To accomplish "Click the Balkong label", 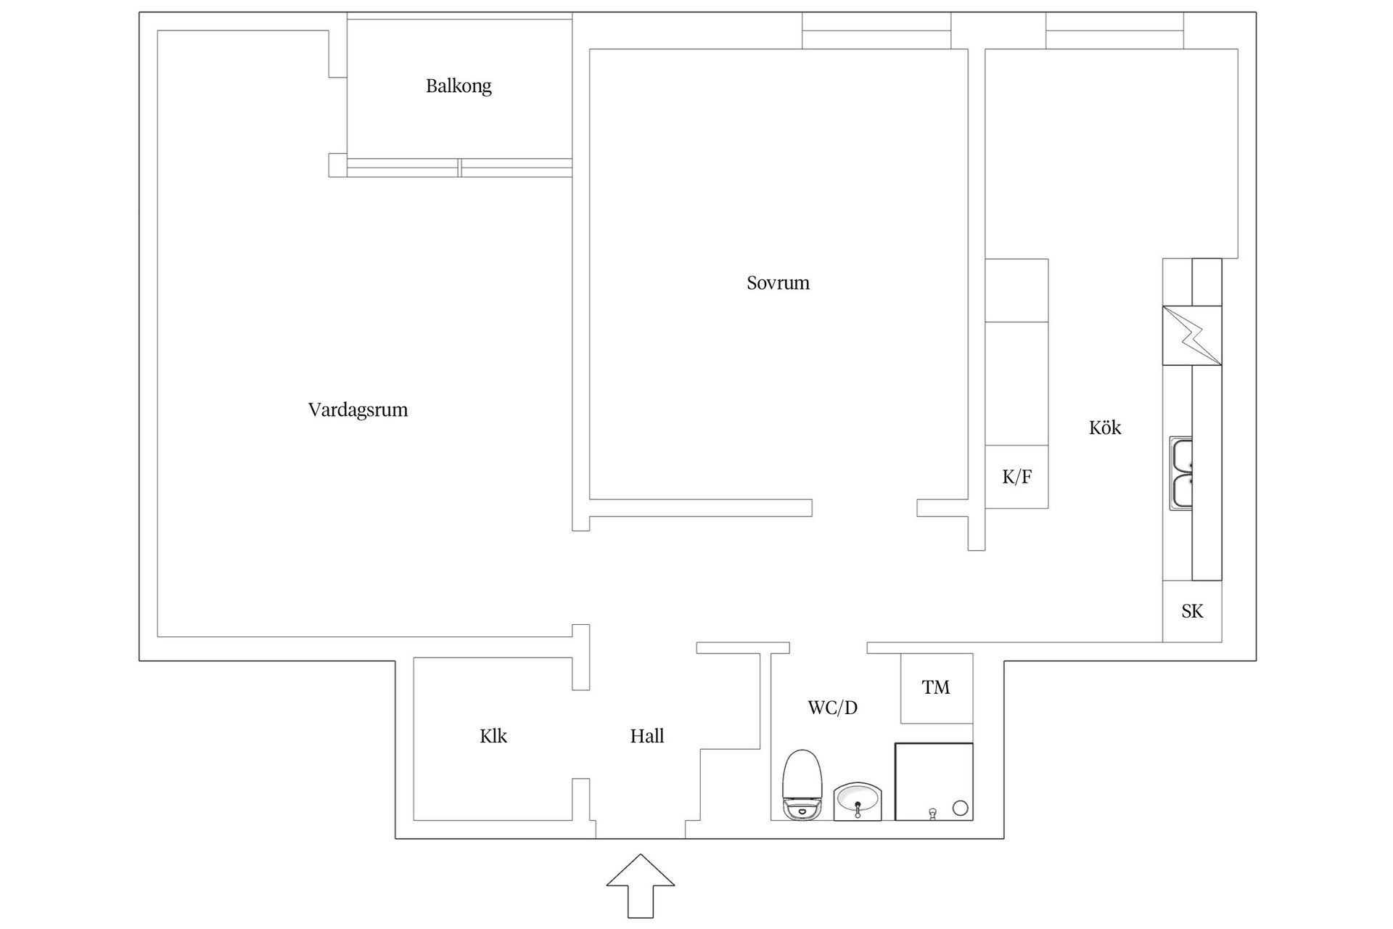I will pos(459,86).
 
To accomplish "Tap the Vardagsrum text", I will pos(358,410).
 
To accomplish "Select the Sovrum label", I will pos(778,283).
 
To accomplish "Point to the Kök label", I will pos(1105,428).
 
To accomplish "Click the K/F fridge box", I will pos(1016,477).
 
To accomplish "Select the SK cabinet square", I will pos(1192,612).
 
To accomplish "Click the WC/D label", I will pos(832,708).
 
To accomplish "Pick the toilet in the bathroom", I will pos(802,786).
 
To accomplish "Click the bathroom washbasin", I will pos(858,801).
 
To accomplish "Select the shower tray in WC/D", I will pos(933,782).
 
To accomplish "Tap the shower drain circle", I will pos(960,808).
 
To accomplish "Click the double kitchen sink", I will pos(1181,474).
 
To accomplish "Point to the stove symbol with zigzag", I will pos(1192,335).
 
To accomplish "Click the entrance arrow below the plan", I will pos(640,885).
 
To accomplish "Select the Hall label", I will pos(646,737).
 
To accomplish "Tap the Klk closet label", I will pos(493,737).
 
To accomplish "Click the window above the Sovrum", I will pos(876,31).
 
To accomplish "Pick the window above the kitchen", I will pos(1114,31).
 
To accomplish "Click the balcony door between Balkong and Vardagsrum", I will pos(459,168).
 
